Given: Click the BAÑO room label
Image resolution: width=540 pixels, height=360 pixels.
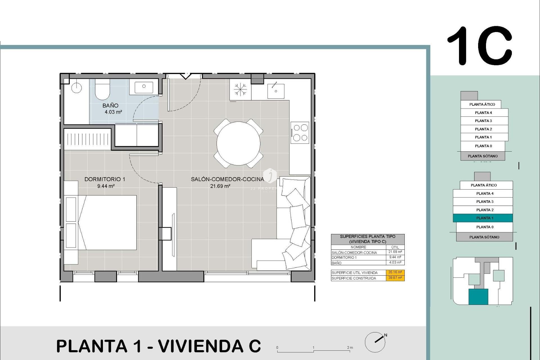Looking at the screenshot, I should [x=110, y=105].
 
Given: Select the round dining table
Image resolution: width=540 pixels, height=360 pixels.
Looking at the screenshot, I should [x=238, y=143].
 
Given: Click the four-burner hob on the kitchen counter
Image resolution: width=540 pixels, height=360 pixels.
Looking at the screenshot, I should [x=300, y=132].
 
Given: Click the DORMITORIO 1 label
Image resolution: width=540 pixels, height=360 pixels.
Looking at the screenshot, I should [x=105, y=179].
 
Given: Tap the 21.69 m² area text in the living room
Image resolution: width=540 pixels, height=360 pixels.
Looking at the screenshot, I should [x=220, y=186].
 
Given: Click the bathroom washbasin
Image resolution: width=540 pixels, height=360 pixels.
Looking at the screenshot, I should [x=144, y=87].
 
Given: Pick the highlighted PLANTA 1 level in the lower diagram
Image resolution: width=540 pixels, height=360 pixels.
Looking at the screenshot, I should [x=483, y=218].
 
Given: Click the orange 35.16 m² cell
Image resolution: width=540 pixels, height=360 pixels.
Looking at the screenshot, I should [x=395, y=272].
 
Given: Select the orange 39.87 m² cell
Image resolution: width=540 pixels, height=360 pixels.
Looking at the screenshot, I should [x=395, y=278].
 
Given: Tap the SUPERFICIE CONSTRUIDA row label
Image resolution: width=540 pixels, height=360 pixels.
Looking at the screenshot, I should [x=354, y=278].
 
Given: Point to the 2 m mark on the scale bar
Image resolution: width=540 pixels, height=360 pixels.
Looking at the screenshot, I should [x=350, y=348].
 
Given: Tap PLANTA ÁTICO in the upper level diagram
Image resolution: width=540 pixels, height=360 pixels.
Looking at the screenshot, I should [x=482, y=104].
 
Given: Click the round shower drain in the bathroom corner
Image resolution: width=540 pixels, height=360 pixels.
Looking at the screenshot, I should [x=76, y=88].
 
